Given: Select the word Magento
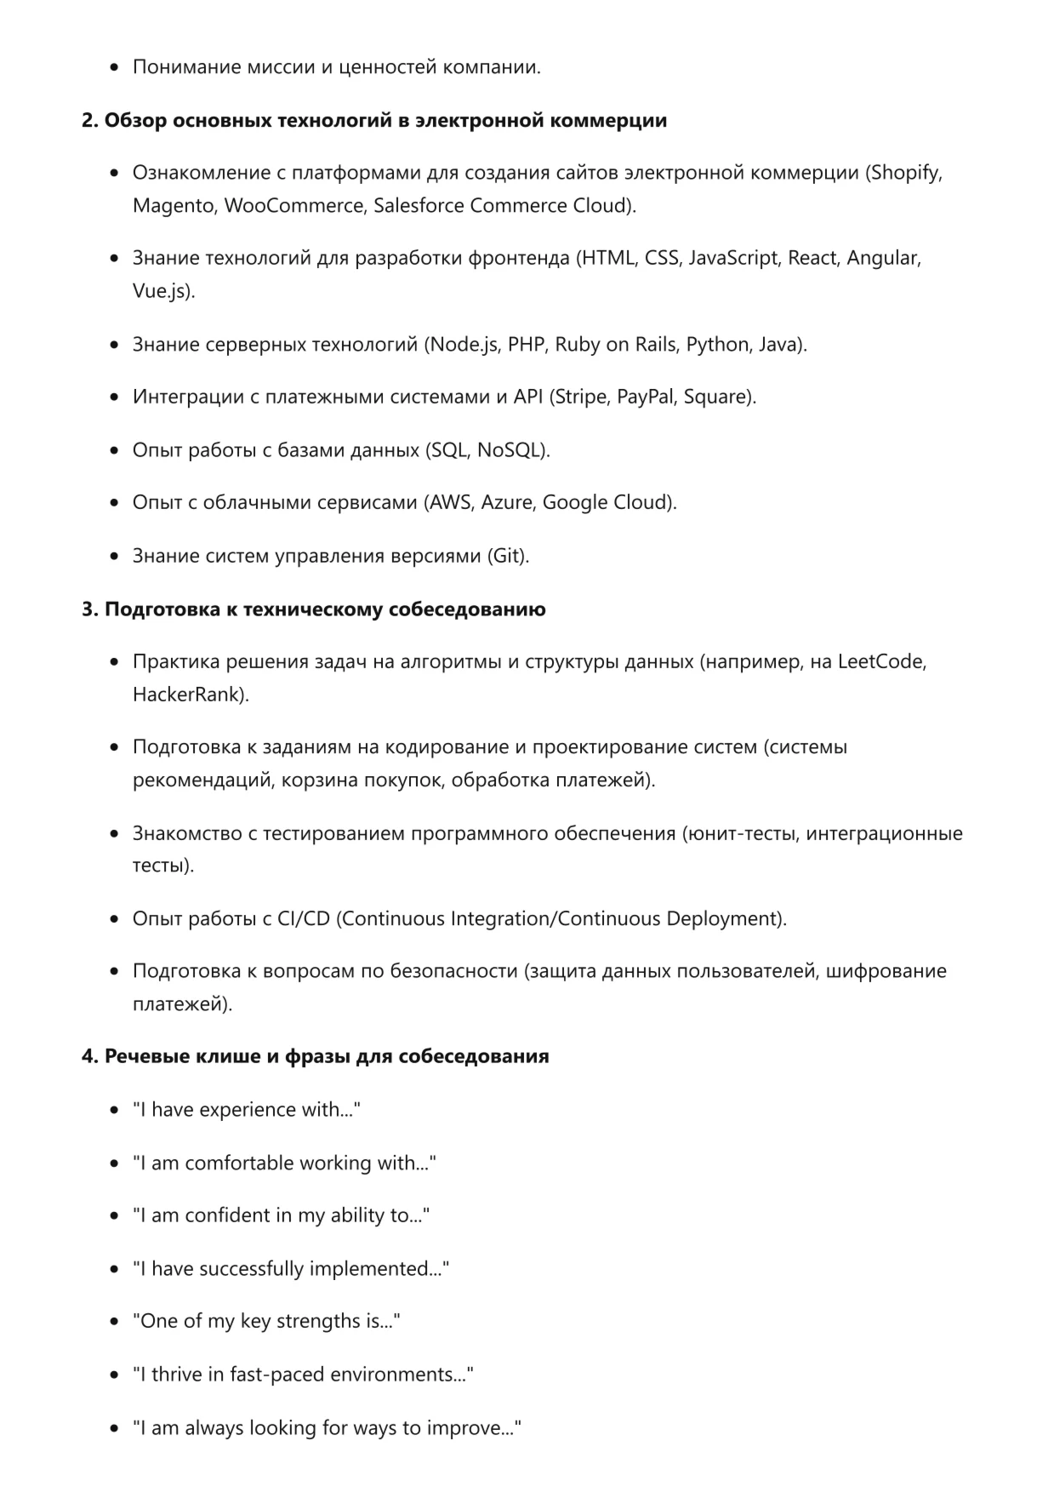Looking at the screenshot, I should click(174, 206).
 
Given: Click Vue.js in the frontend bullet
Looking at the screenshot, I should click(162, 291).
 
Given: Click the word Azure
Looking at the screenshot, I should click(506, 502).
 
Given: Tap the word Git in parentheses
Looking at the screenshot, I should click(507, 556).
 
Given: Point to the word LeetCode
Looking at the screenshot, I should click(880, 661).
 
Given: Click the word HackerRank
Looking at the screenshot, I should click(187, 695).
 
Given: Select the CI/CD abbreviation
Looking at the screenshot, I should click(304, 919).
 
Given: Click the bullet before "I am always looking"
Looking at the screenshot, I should click(115, 1429).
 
